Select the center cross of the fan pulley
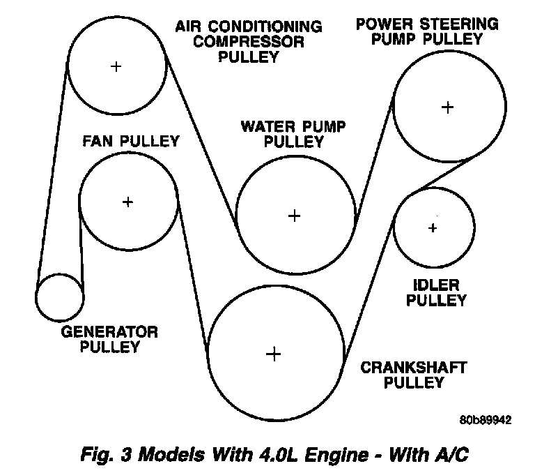point(127,202)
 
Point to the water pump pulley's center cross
point(295,216)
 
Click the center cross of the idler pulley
point(433,228)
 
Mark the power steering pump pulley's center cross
point(447,107)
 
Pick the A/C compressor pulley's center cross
point(116,66)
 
